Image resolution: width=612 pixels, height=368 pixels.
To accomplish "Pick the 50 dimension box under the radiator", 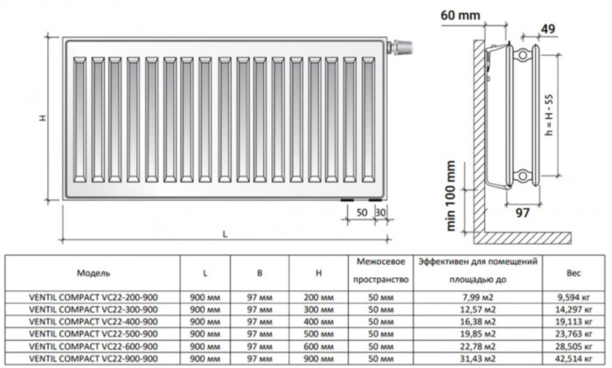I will pyautogui.click(x=361, y=212).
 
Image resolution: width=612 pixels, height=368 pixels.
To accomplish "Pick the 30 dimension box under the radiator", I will pyautogui.click(x=380, y=212).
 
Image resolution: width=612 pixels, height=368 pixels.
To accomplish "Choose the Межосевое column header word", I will pyautogui.click(x=379, y=261).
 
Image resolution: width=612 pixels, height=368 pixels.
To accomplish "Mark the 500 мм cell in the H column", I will pyautogui.click(x=322, y=333).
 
